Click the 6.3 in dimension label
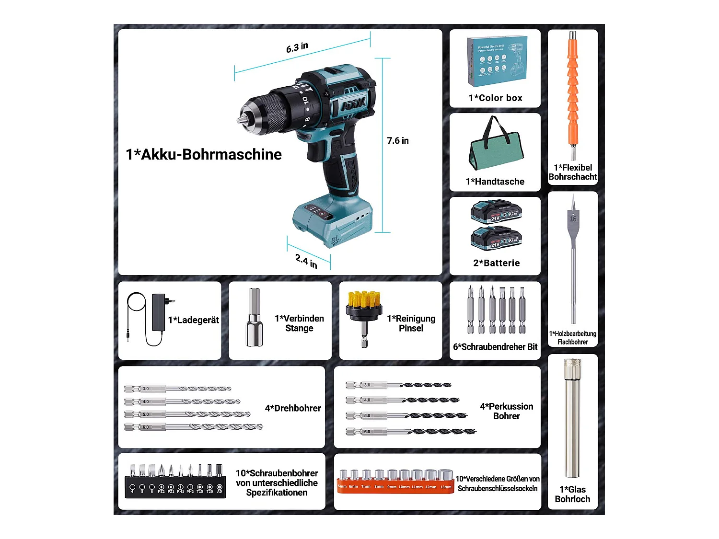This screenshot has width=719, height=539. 297,47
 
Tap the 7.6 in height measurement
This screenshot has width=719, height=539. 398,140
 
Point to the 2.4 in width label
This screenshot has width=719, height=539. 306,261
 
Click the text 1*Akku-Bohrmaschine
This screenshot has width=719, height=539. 204,154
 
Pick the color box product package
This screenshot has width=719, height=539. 497,61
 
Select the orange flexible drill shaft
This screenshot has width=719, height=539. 573,96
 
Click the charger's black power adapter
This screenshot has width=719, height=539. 159,312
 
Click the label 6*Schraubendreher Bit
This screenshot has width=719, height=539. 495,347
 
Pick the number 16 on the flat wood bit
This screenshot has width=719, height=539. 573,219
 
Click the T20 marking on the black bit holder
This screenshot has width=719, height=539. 209,491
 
